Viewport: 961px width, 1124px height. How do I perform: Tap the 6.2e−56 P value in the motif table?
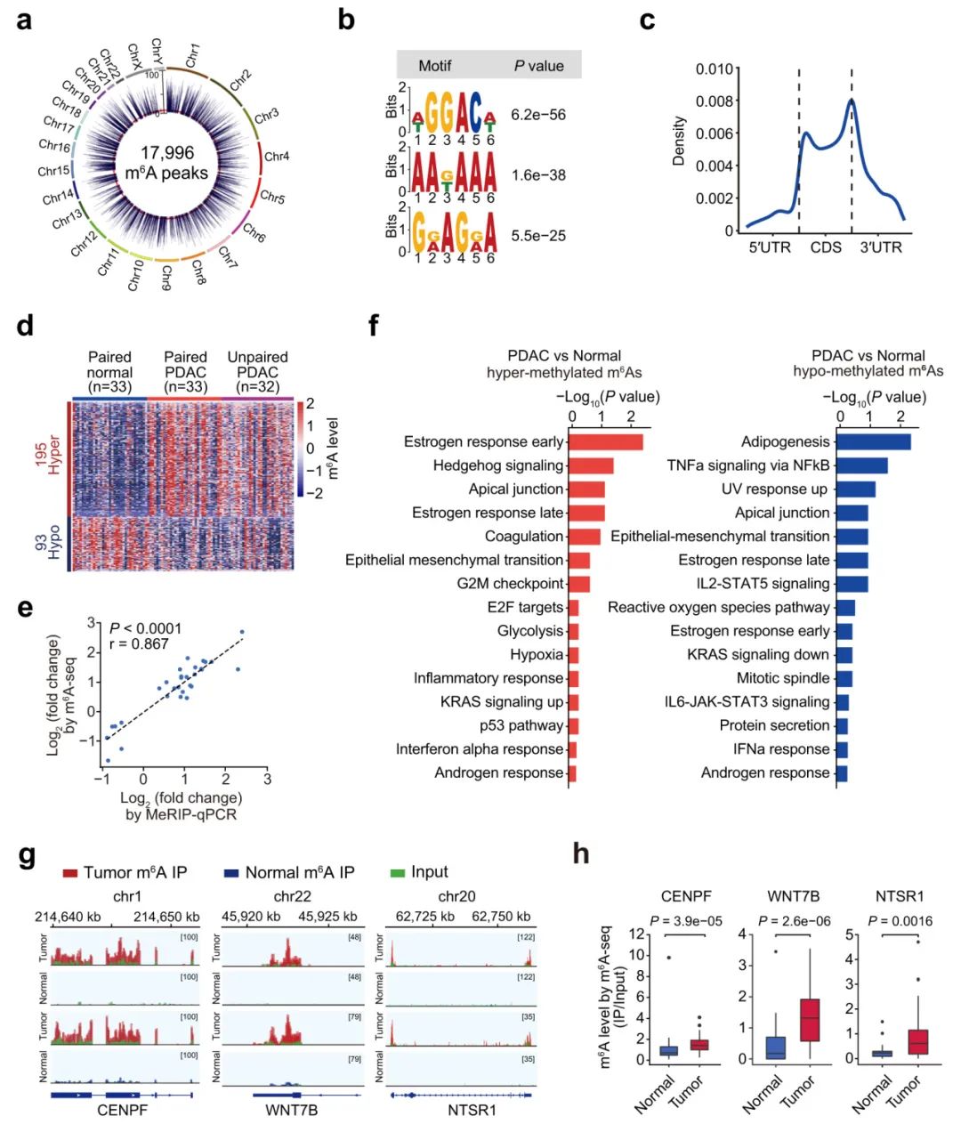pyautogui.click(x=538, y=115)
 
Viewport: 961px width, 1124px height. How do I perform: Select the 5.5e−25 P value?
pyautogui.click(x=538, y=236)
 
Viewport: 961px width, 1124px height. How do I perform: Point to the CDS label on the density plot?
pyautogui.click(x=825, y=247)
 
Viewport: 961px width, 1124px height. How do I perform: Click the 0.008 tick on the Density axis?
pyautogui.click(x=715, y=101)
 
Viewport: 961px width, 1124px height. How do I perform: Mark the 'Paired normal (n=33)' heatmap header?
pyautogui.click(x=109, y=371)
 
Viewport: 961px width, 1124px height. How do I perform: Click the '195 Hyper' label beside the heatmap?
pyautogui.click(x=48, y=455)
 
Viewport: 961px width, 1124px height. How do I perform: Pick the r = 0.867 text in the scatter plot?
pyautogui.click(x=139, y=644)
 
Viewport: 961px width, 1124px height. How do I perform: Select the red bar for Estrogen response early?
pyautogui.click(x=605, y=441)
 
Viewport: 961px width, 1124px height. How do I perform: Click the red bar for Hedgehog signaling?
pyautogui.click(x=590, y=465)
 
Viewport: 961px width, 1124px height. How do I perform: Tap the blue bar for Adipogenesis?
pyautogui.click(x=873, y=441)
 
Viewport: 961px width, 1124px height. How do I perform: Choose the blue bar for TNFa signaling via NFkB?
pyautogui.click(x=861, y=465)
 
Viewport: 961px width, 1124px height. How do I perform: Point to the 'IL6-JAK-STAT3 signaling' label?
pyautogui.click(x=747, y=702)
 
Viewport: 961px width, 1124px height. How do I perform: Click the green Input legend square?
pyautogui.click(x=397, y=873)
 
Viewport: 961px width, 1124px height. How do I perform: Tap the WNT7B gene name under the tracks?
pyautogui.click(x=291, y=1110)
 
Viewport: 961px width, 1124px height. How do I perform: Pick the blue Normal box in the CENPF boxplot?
pyautogui.click(x=668, y=1050)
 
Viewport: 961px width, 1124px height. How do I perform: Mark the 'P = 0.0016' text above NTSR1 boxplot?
pyautogui.click(x=900, y=921)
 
